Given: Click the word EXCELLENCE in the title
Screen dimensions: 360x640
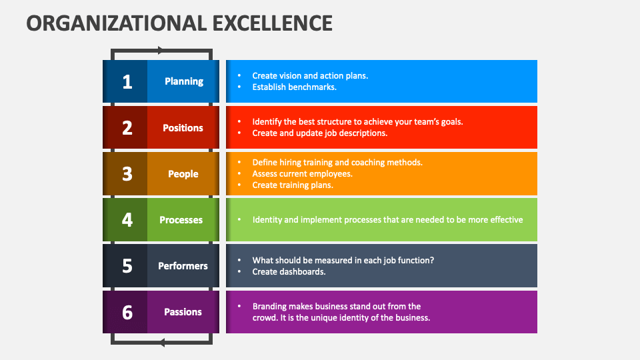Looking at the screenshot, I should (x=271, y=23).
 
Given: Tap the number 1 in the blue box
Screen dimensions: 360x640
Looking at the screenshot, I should (x=127, y=81).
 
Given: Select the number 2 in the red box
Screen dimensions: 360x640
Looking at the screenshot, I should (x=127, y=128).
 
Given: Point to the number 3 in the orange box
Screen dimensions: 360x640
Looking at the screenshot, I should (x=127, y=174).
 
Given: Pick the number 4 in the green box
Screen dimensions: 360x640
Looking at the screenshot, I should (x=127, y=220).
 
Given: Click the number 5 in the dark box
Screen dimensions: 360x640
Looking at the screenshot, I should (x=127, y=266).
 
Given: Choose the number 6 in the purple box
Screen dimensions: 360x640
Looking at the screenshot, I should (x=127, y=312).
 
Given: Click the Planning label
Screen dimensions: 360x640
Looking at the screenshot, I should (x=184, y=81).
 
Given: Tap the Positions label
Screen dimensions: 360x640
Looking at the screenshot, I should (x=183, y=128).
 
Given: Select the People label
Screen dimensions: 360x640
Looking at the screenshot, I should (x=183, y=174).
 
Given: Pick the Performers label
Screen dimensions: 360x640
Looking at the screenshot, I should (x=183, y=266).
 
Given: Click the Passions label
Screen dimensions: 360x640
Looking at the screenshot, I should (x=183, y=312).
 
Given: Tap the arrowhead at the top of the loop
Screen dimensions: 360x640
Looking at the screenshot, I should (x=160, y=50).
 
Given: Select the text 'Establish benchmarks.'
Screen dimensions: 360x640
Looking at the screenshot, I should (x=294, y=87).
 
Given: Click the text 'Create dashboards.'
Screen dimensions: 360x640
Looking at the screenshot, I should (x=289, y=272).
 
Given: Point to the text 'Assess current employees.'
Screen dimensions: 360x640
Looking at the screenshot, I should (x=302, y=174).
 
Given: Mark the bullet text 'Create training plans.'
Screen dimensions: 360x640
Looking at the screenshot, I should (x=293, y=185).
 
